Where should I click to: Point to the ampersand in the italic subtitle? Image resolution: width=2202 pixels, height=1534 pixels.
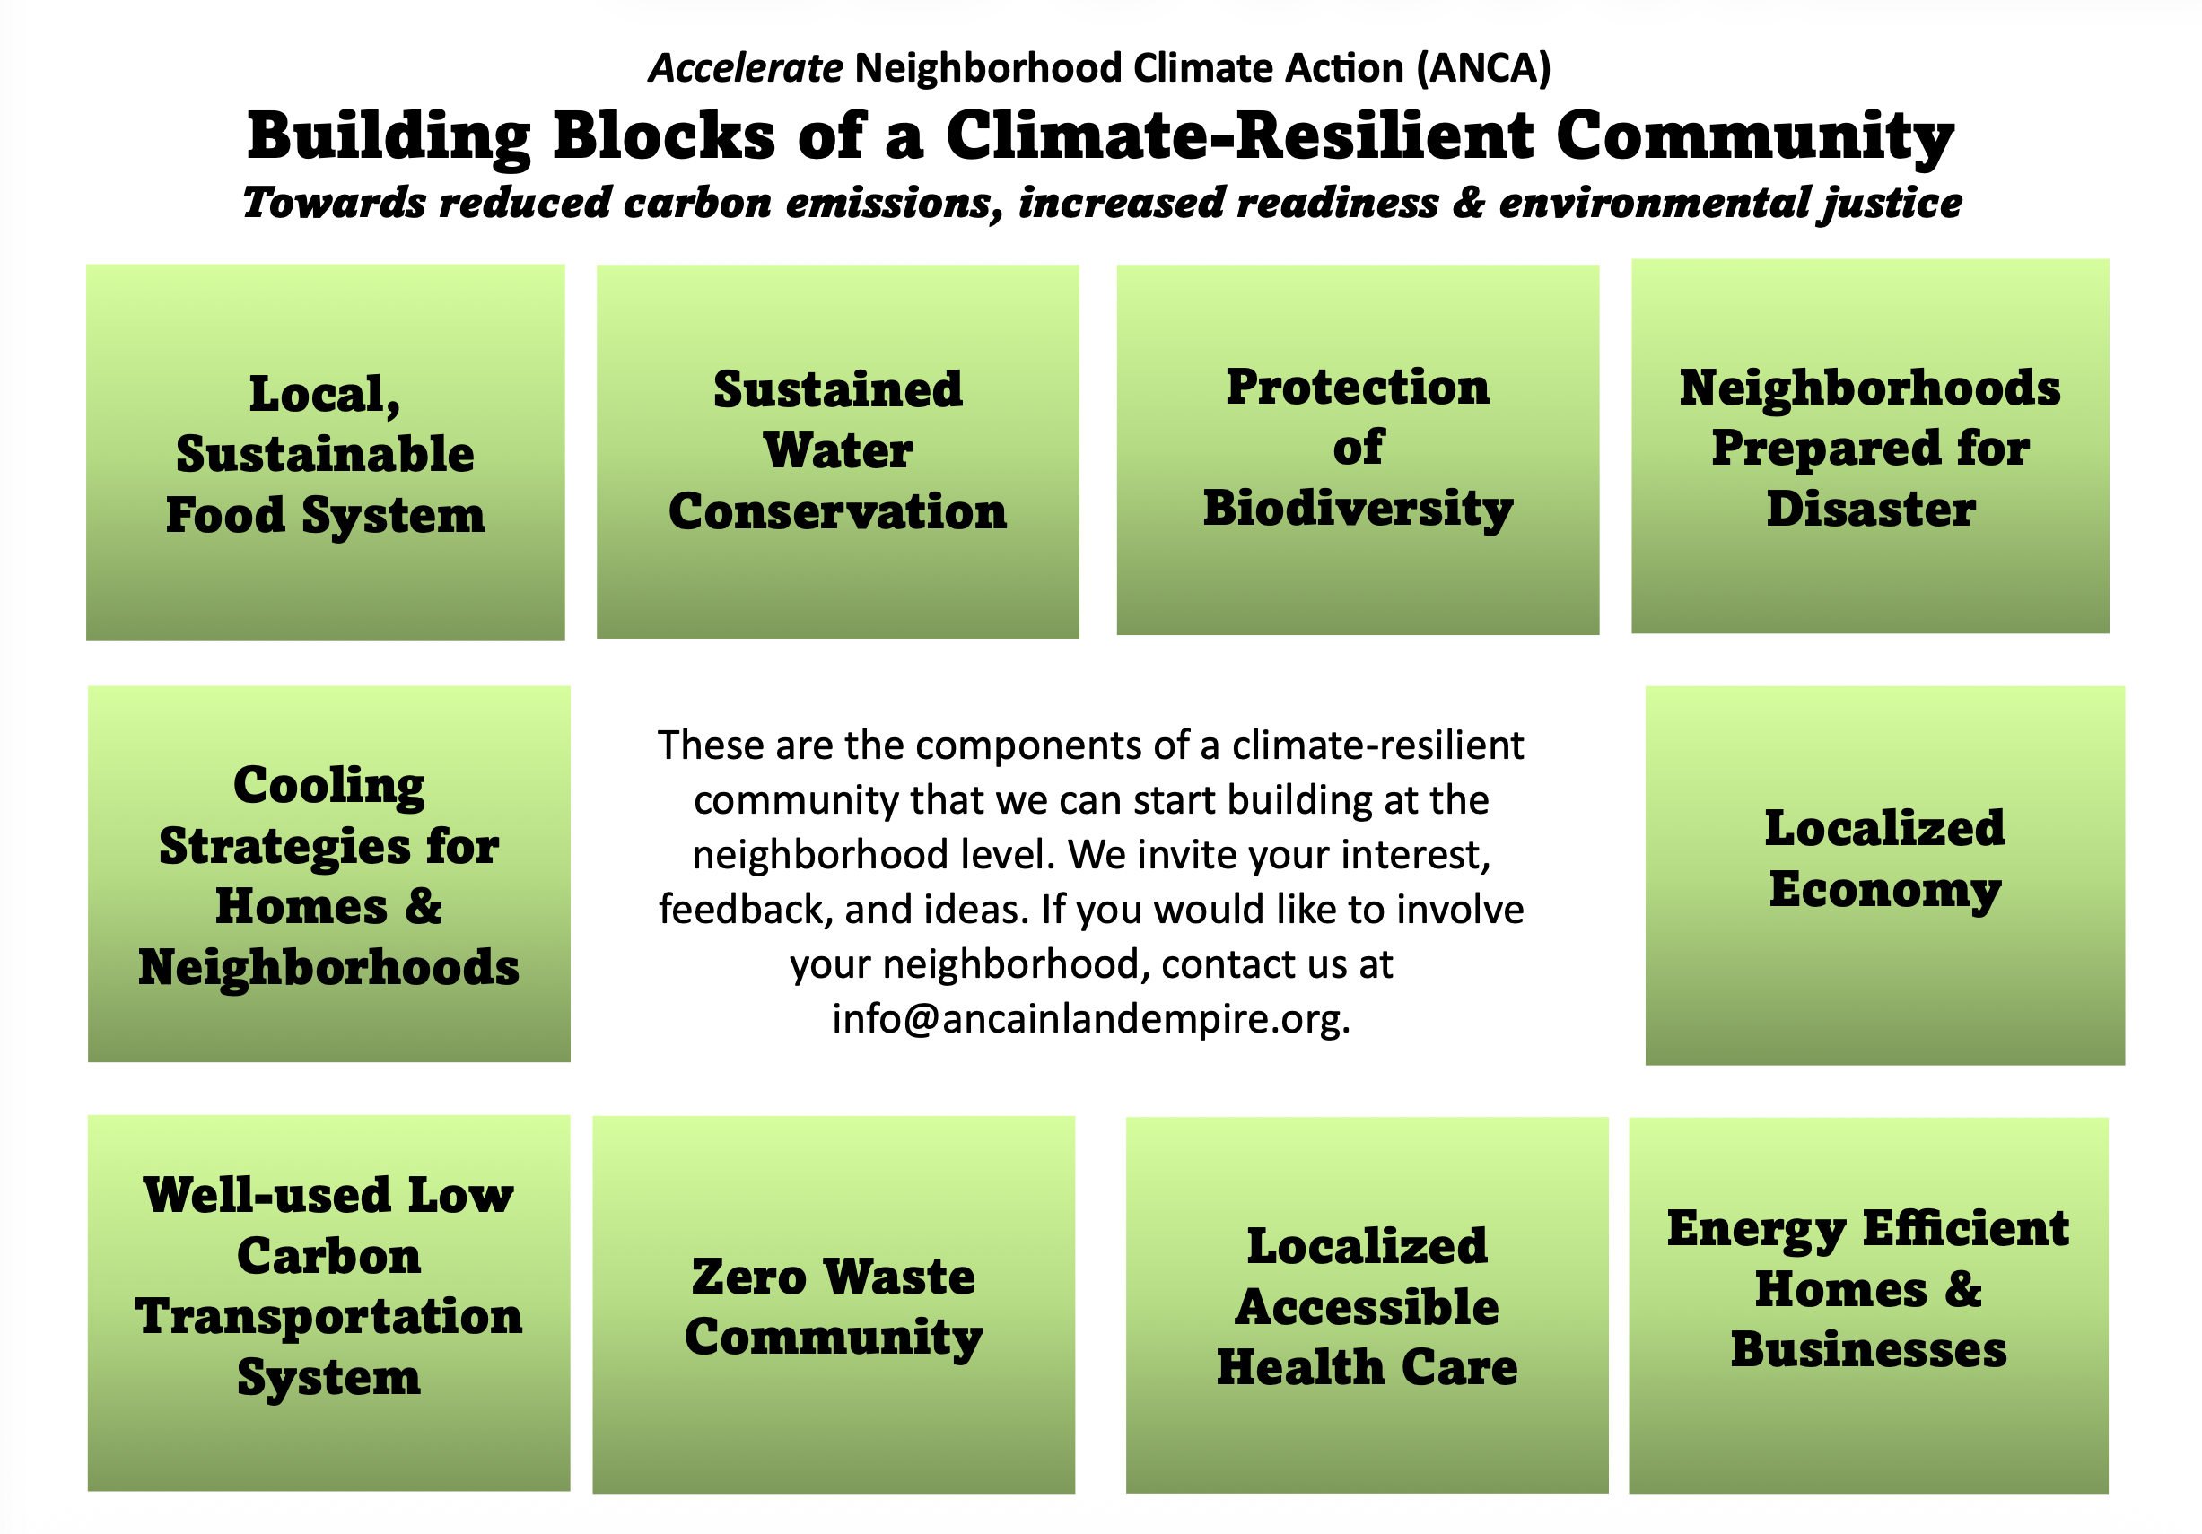[1468, 203]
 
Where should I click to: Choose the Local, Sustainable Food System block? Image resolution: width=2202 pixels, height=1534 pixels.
[325, 451]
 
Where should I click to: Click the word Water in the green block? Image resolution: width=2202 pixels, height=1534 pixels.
[838, 450]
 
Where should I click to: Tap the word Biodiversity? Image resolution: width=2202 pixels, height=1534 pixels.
[1358, 510]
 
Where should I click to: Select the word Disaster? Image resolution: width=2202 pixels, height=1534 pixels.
[1871, 510]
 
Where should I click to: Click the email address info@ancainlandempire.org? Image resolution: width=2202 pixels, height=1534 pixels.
[1091, 1018]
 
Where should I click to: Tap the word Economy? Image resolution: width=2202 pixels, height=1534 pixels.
[1885, 891]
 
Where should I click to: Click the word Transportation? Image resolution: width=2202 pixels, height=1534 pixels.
[329, 1317]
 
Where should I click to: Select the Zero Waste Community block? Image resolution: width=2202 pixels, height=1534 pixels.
[834, 1304]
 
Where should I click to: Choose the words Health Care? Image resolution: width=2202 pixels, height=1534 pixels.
[1368, 1367]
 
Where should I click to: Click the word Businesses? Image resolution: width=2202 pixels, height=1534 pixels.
[1868, 1350]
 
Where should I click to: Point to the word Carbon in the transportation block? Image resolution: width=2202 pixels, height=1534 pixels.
[329, 1256]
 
